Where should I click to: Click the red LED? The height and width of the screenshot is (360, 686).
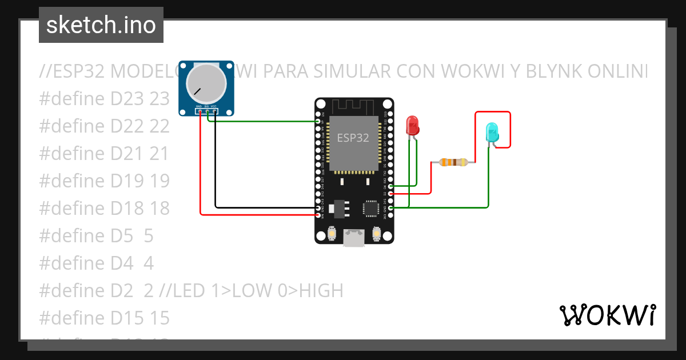[x=412, y=125]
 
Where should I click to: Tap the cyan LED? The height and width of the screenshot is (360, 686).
[x=491, y=133]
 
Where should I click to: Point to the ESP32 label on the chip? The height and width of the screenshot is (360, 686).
[x=353, y=138]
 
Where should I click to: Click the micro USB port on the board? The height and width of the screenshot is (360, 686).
[x=354, y=238]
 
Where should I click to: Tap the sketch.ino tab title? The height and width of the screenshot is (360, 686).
[x=101, y=25]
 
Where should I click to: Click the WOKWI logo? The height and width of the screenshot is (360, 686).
[x=607, y=315]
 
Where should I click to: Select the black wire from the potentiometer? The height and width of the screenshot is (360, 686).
[x=215, y=171]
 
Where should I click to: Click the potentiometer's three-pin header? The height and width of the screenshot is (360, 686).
[x=206, y=110]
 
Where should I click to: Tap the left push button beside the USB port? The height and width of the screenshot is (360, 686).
[x=332, y=234]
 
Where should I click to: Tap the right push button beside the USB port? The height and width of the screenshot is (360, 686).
[x=376, y=234]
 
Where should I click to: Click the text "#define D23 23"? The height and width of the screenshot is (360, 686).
[x=105, y=99]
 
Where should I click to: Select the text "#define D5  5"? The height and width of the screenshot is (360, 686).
[x=96, y=235]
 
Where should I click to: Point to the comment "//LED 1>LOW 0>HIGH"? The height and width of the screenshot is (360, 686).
[x=251, y=291]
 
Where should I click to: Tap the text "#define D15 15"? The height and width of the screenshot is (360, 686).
[x=105, y=318]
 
